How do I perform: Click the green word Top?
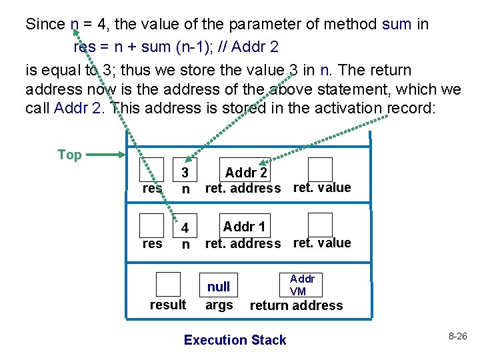pos(69,155)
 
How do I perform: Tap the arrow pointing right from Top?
pos(104,155)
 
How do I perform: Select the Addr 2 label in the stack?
pos(246,173)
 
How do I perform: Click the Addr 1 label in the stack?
pos(244,227)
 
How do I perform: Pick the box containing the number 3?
pos(186,171)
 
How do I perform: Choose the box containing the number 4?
pos(186,227)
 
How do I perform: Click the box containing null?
pos(219,286)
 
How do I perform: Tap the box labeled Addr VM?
pos(302,285)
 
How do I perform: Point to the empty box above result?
pos(168,284)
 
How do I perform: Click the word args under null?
pos(219,305)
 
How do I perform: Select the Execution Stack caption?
pos(235,340)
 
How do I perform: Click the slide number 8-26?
pos(457,336)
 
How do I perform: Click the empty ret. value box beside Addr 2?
pos(320,169)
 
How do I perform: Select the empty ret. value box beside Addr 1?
pos(320,225)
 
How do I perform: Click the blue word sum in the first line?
pos(397,25)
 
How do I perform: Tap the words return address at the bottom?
pos(296,305)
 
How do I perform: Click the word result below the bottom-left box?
pos(168,305)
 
